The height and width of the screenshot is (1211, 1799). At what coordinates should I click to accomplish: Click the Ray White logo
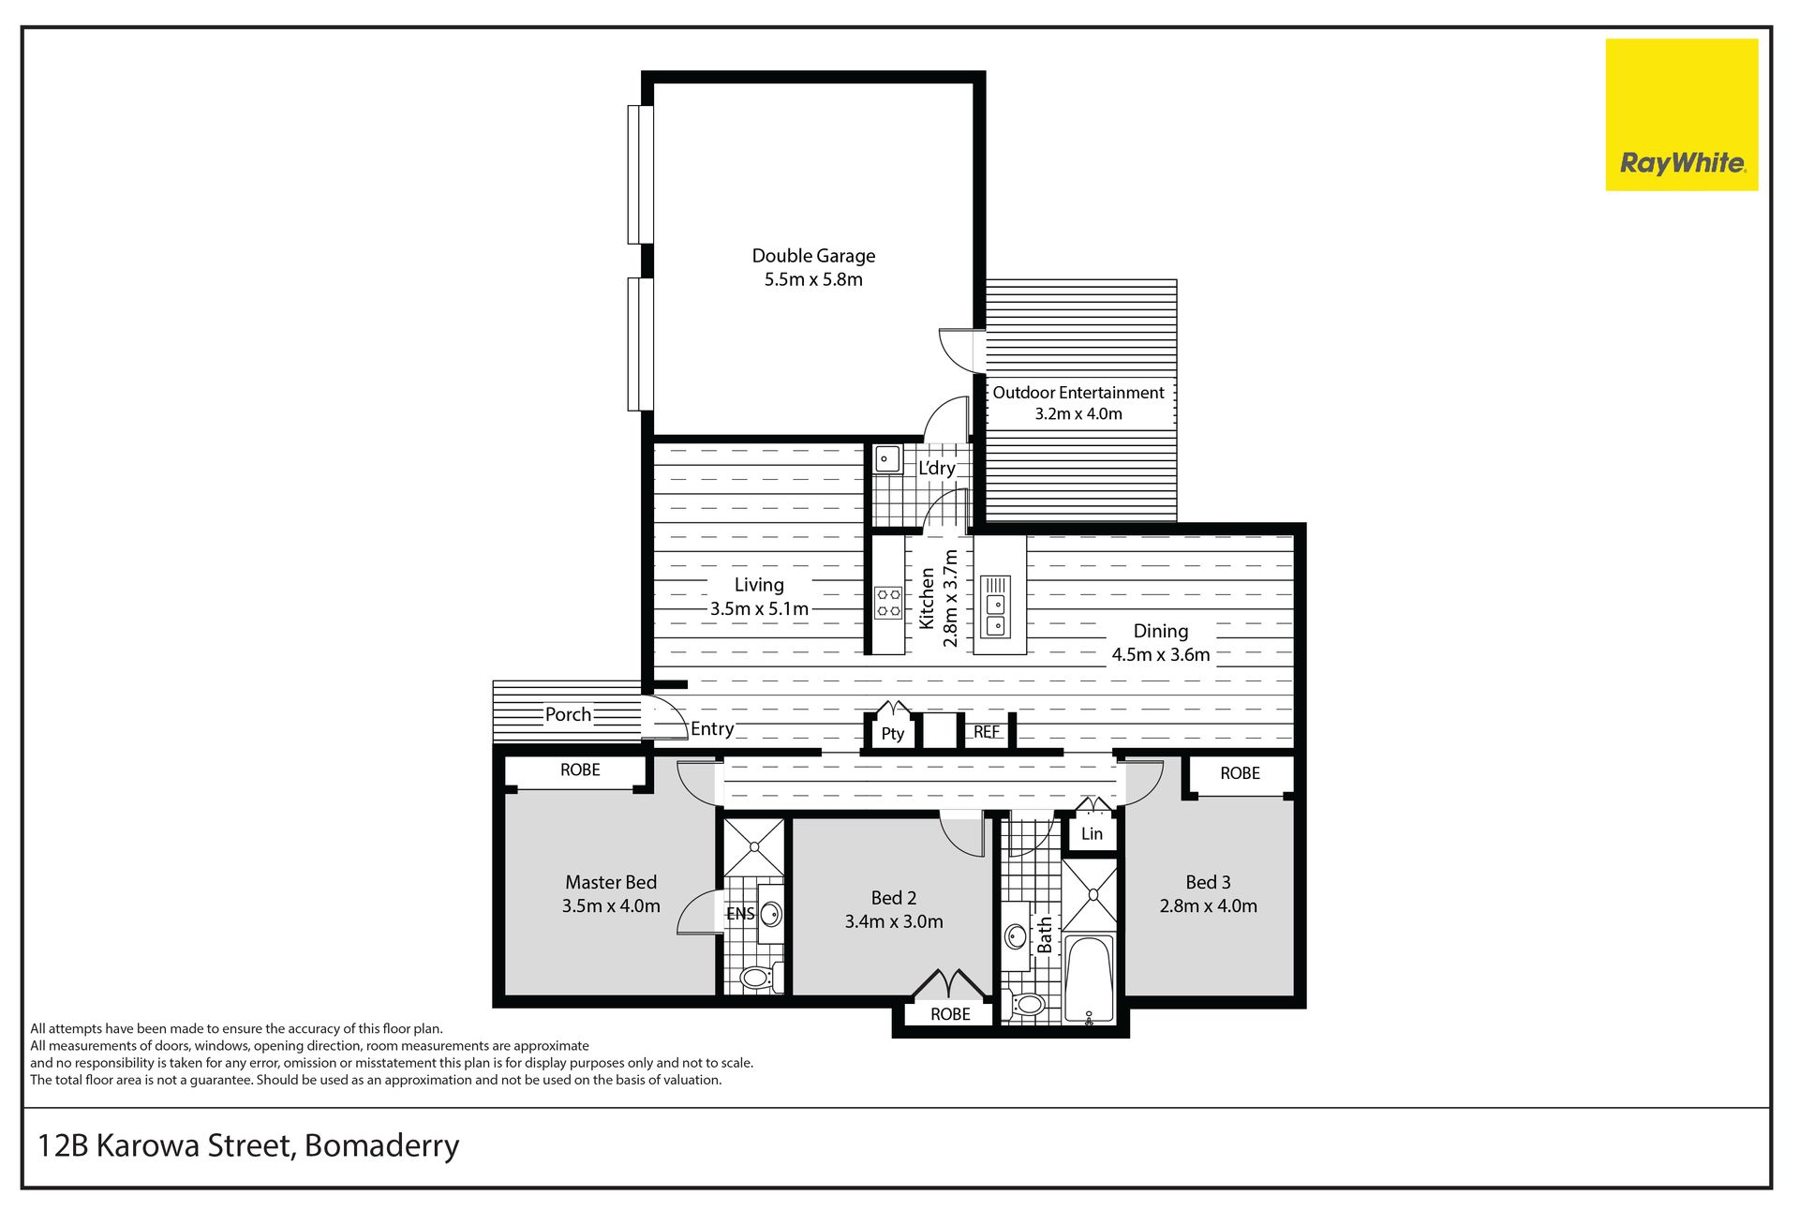pyautogui.click(x=1682, y=114)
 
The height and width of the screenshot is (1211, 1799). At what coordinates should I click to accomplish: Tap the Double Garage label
pyautogui.click(x=813, y=256)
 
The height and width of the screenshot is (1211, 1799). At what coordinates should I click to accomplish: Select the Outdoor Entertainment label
pyautogui.click(x=1078, y=393)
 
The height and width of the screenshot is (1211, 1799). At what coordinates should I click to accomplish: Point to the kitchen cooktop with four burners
pyautogui.click(x=888, y=603)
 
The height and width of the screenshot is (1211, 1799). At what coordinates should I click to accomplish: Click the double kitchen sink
pyautogui.click(x=995, y=614)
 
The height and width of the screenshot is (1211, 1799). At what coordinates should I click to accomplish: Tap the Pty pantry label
pyautogui.click(x=893, y=734)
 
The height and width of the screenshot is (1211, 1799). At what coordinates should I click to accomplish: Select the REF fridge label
pyautogui.click(x=987, y=732)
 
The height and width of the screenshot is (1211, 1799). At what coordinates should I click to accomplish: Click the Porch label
pyautogui.click(x=568, y=714)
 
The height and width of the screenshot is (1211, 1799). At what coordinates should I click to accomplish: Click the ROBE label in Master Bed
pyautogui.click(x=580, y=770)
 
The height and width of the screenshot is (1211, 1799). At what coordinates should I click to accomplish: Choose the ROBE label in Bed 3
pyautogui.click(x=1240, y=773)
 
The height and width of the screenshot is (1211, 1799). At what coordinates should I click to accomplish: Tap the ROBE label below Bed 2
pyautogui.click(x=950, y=1014)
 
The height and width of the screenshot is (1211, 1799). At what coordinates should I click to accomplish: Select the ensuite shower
pyautogui.click(x=754, y=847)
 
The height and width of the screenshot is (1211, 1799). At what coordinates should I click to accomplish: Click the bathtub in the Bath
pyautogui.click(x=1089, y=979)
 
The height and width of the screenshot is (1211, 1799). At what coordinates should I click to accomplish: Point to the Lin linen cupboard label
pyautogui.click(x=1092, y=833)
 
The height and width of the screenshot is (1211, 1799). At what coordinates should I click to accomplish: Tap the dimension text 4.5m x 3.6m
pyautogui.click(x=1161, y=654)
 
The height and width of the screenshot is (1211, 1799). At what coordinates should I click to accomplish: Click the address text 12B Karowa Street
pyautogui.click(x=168, y=1146)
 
